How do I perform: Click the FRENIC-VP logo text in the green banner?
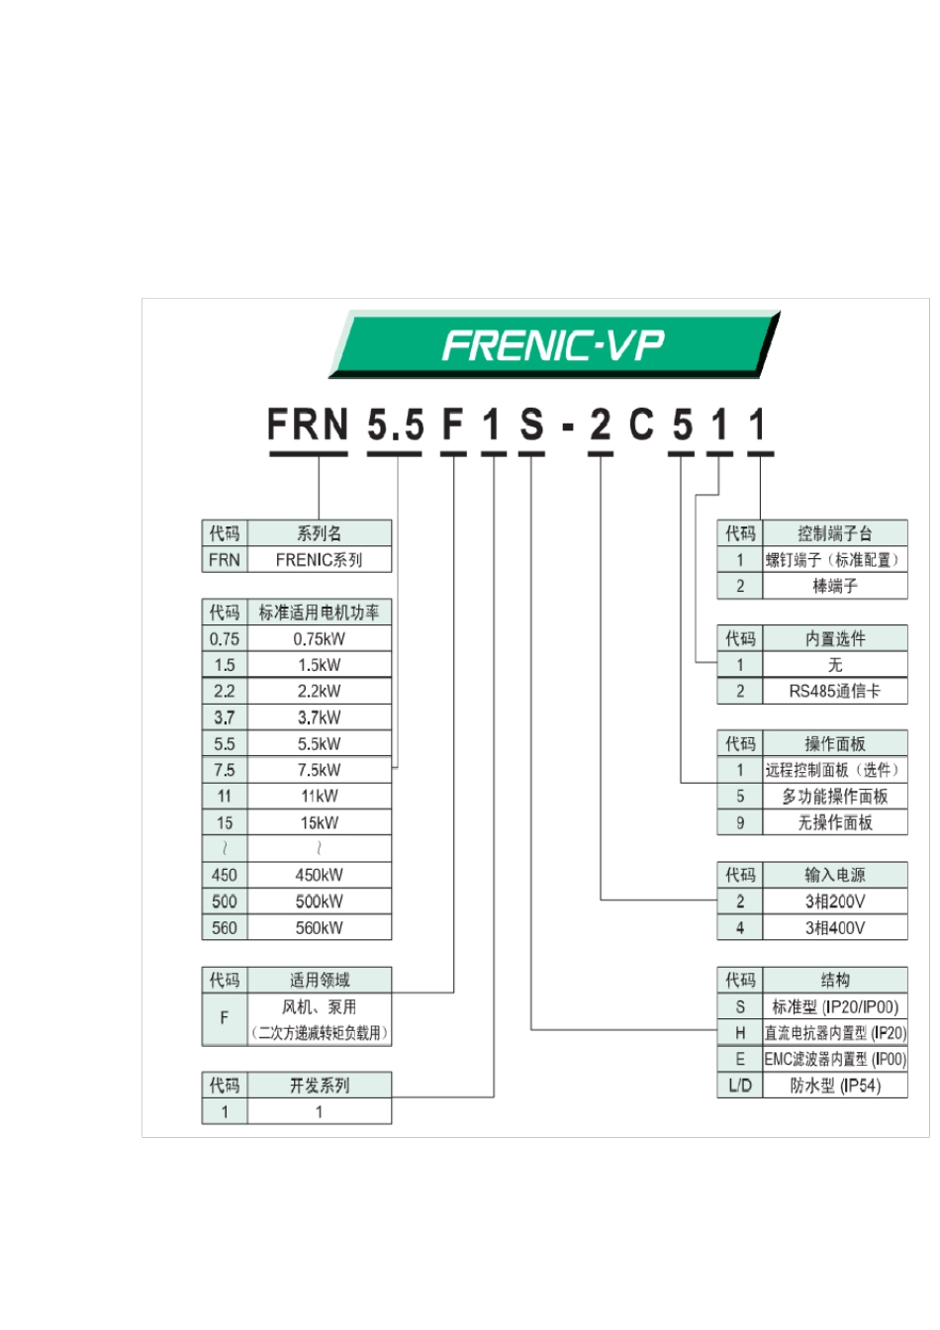click(x=552, y=345)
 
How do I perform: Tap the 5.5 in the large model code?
click(x=395, y=426)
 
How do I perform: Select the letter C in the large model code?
click(x=641, y=426)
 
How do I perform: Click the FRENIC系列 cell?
click(x=319, y=559)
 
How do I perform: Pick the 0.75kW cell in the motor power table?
click(x=319, y=639)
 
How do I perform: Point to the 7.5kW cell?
click(x=319, y=770)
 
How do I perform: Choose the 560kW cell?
click(x=319, y=927)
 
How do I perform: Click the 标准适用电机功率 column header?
click(x=319, y=613)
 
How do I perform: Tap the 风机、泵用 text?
click(x=319, y=1007)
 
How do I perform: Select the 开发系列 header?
click(x=319, y=1086)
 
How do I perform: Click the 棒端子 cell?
click(x=834, y=586)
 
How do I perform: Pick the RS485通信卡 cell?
click(x=834, y=691)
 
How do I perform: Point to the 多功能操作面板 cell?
click(x=834, y=797)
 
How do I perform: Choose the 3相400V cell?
click(x=834, y=927)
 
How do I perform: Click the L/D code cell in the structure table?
click(x=740, y=1086)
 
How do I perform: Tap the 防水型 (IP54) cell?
click(x=834, y=1086)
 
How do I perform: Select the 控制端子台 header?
click(x=834, y=533)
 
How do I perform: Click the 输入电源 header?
click(x=834, y=875)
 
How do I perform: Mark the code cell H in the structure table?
click(x=740, y=1033)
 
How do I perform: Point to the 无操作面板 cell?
click(x=834, y=822)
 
